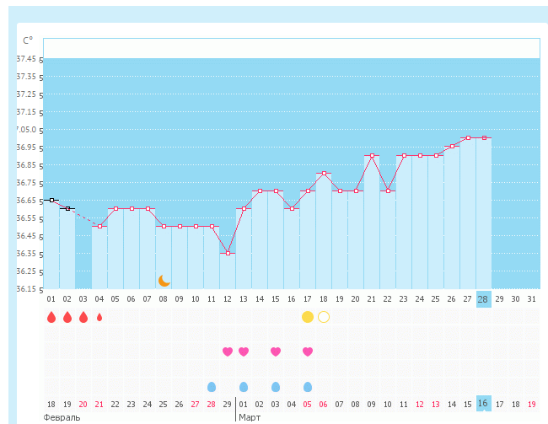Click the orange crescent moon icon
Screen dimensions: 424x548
click(x=164, y=280)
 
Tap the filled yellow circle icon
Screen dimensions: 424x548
click(x=307, y=317)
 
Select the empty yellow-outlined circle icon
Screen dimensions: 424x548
click(x=324, y=317)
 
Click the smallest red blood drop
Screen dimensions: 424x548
click(x=99, y=318)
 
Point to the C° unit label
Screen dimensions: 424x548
click(x=28, y=40)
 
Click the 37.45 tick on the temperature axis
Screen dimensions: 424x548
click(x=26, y=59)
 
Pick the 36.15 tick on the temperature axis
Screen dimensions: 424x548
click(x=26, y=289)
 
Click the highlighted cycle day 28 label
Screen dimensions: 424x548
click(x=483, y=299)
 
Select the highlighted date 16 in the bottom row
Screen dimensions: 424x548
click(x=483, y=404)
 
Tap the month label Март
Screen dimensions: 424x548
click(x=250, y=417)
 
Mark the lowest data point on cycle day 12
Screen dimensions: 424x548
click(x=227, y=253)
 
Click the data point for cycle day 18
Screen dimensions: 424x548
click(x=324, y=174)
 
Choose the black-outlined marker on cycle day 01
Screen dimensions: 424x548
click(x=51, y=200)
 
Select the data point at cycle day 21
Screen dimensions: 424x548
click(x=372, y=156)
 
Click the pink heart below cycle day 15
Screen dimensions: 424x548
click(x=275, y=352)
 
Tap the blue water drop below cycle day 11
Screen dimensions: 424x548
click(x=212, y=387)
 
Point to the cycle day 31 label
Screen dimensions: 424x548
click(x=531, y=299)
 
